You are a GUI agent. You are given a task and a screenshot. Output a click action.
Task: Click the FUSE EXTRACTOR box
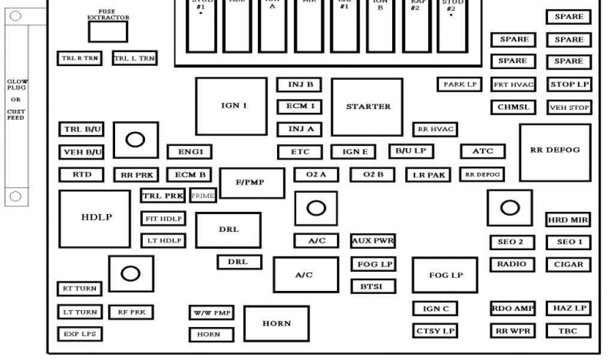click(x=108, y=32)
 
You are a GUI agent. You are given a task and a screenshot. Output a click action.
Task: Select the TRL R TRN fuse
click(x=79, y=58)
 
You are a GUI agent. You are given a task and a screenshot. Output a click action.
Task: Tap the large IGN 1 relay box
click(x=231, y=106)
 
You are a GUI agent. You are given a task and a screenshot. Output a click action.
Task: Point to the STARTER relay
click(x=367, y=106)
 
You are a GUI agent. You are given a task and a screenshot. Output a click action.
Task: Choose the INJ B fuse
click(x=299, y=85)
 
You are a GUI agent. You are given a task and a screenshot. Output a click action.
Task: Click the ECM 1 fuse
click(x=299, y=107)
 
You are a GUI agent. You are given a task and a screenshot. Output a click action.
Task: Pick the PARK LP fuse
click(x=460, y=85)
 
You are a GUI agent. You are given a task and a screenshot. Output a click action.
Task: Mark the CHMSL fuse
click(x=513, y=108)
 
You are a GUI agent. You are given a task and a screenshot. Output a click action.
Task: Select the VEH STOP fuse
click(x=569, y=108)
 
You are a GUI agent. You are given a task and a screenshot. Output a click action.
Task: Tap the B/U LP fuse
click(x=411, y=151)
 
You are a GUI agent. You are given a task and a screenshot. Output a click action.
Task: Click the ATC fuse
click(x=482, y=151)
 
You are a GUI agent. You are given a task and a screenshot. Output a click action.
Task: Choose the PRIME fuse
click(x=203, y=196)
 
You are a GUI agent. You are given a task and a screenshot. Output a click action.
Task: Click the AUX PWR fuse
click(x=373, y=241)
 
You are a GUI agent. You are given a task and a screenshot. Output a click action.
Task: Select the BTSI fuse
click(x=373, y=287)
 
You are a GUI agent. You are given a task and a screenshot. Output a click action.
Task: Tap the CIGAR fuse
click(x=568, y=264)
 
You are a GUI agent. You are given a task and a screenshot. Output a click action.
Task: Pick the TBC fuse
click(x=568, y=331)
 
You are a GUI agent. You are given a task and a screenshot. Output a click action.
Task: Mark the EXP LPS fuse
click(x=80, y=333)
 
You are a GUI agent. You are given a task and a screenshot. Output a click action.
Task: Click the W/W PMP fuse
click(x=212, y=313)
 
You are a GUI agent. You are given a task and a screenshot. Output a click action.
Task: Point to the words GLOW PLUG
click(x=17, y=84)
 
